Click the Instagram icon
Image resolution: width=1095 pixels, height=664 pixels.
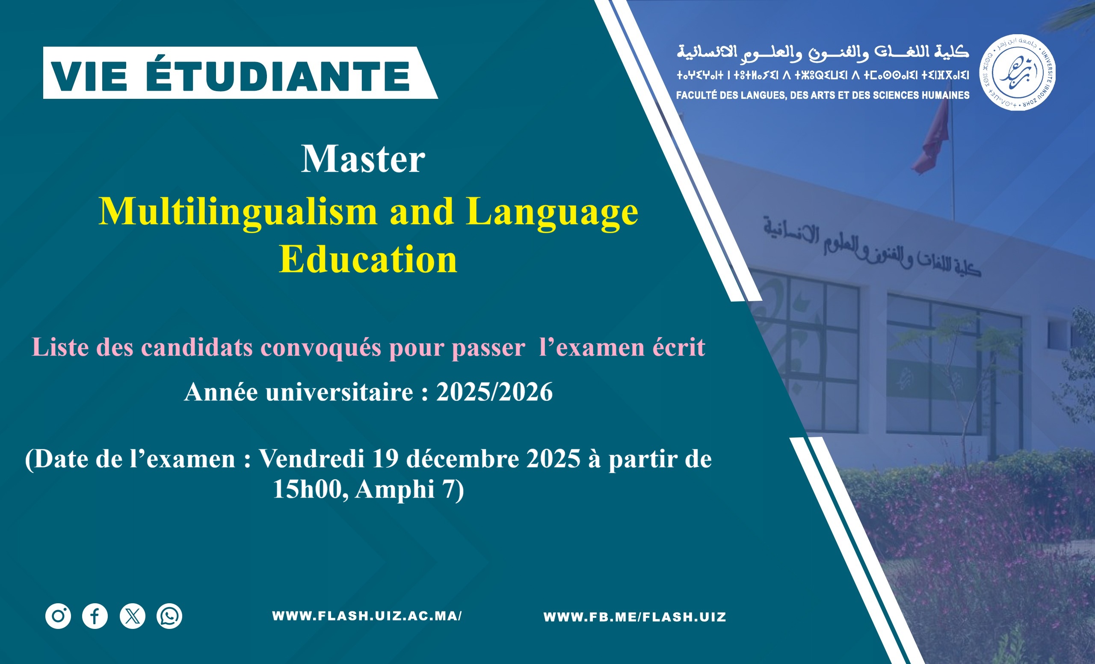[58, 616]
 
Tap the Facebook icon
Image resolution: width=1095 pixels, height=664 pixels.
[95, 616]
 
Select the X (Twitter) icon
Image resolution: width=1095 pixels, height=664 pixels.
[133, 616]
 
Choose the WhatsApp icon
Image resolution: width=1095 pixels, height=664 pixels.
[169, 616]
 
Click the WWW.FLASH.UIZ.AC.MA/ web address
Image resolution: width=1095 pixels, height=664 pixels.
[367, 616]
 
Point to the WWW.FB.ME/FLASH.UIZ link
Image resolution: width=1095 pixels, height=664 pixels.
[635, 617]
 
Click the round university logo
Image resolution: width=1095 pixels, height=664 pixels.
[1017, 72]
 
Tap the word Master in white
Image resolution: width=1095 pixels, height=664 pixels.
[363, 159]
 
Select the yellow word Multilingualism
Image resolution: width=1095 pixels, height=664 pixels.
[238, 212]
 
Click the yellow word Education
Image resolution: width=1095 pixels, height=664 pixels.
[368, 259]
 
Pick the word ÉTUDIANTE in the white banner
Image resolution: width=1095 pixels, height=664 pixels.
[278, 76]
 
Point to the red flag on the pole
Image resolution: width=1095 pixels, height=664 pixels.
[932, 138]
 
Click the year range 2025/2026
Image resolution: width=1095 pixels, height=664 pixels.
[494, 392]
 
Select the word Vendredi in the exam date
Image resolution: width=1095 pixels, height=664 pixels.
[311, 459]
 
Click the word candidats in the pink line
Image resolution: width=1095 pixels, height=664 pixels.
[197, 347]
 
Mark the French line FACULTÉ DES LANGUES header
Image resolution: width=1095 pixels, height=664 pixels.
[823, 95]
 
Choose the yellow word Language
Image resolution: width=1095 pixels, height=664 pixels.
[552, 213]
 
